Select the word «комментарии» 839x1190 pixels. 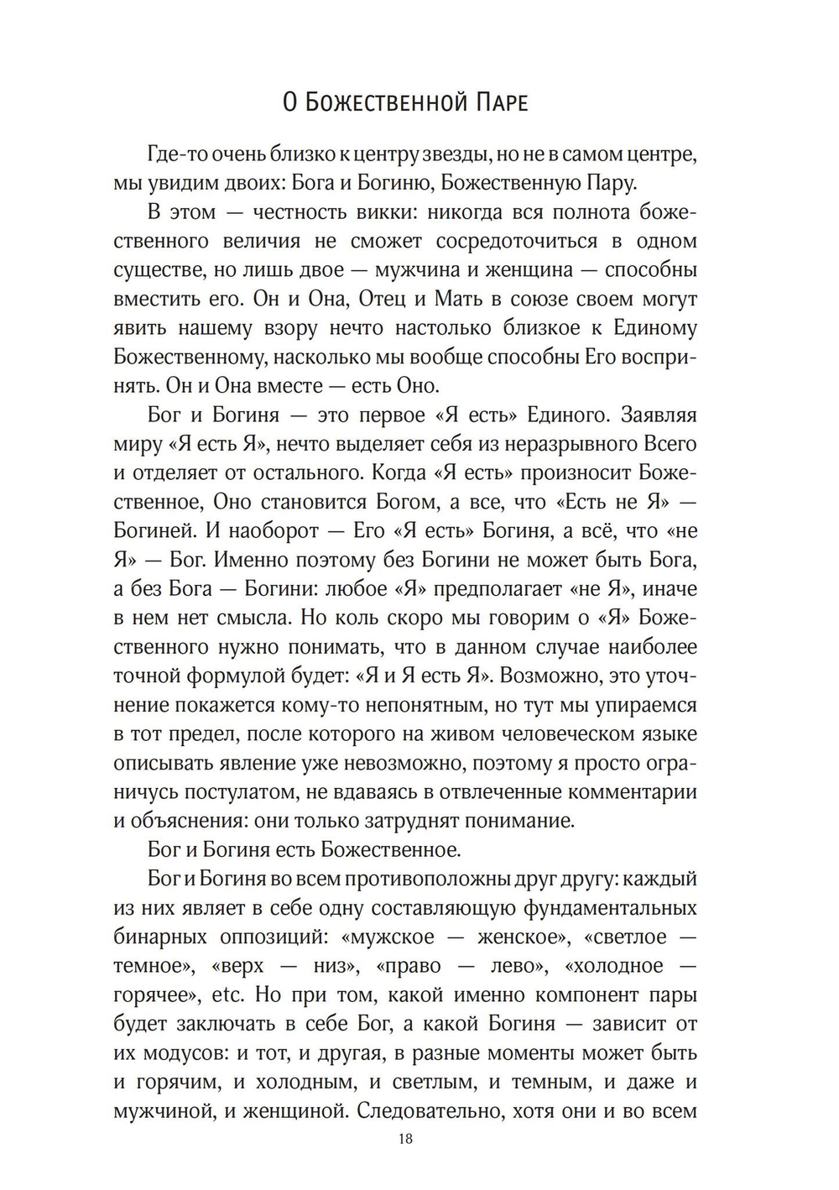pyautogui.click(x=623, y=792)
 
